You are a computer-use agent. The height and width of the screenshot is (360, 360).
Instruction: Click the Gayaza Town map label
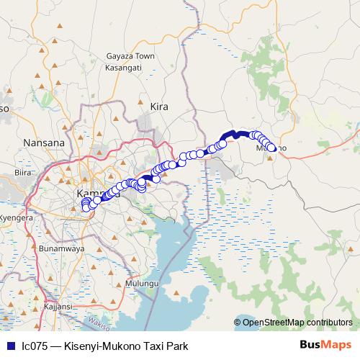pos(130,55)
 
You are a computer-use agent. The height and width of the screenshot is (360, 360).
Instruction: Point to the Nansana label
pos(44,143)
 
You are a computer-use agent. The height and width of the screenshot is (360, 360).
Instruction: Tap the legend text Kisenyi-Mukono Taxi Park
pos(126,346)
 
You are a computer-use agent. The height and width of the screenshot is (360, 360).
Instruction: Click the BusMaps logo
pos(326,345)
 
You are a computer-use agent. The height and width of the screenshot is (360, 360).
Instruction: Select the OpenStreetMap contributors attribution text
pos(297,323)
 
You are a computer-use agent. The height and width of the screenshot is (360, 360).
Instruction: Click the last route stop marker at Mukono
pos(272,148)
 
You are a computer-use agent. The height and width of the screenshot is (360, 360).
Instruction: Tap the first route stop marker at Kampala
pos(86,208)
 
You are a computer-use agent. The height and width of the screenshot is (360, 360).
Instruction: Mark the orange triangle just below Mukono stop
pos(269,159)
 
